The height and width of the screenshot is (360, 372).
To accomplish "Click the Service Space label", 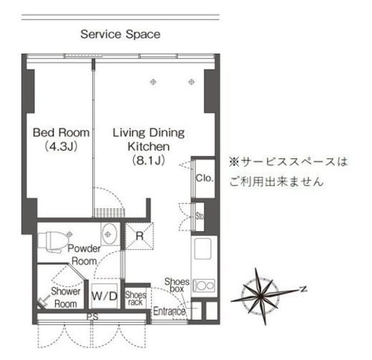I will click(120, 34).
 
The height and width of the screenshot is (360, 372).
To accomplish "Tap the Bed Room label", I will click(62, 132).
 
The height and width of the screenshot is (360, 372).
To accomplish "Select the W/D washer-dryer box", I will click(104, 295).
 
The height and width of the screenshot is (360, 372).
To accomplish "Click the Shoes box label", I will click(177, 286).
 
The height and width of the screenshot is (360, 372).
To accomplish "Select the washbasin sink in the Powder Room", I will click(108, 234).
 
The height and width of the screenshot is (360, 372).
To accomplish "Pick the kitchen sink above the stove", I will click(202, 250).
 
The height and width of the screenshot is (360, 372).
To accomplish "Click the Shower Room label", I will click(64, 297).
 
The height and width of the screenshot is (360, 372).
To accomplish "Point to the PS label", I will click(92, 316).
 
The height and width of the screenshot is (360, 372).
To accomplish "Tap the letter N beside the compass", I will click(303, 288).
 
